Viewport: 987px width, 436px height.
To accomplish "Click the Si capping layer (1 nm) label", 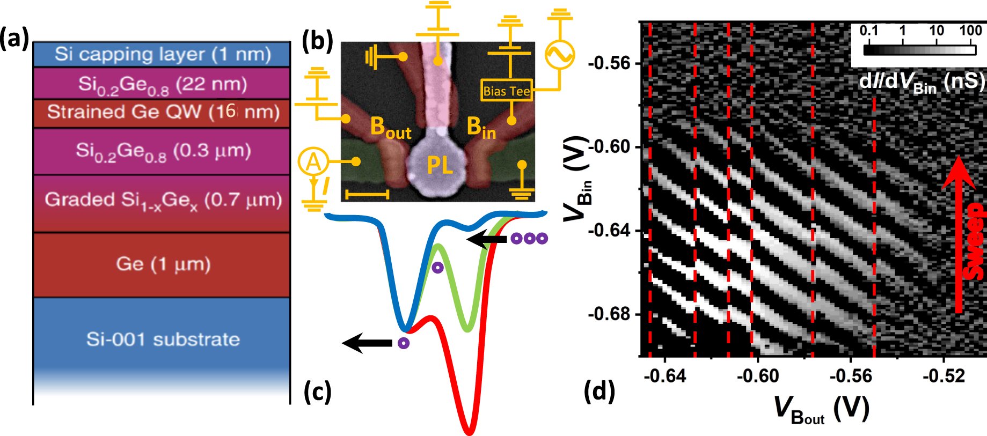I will pos(163,54).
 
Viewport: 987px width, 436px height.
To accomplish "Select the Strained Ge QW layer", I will pos(163,112).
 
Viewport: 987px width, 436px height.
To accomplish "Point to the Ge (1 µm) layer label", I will pos(163,264).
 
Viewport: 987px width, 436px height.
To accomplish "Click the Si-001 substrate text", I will pos(163,339).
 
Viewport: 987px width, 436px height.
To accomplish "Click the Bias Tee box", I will pos(506,91).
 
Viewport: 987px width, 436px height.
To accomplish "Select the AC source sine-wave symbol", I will pos(559,54).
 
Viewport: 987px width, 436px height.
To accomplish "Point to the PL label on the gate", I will pos(440,165).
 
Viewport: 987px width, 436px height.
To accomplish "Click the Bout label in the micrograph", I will pos(390,128).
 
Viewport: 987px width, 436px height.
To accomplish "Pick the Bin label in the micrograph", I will pos(481,128).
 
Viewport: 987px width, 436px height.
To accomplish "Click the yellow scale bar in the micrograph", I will pos(367,193).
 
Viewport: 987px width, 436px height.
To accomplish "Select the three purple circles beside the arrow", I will pos(529,239).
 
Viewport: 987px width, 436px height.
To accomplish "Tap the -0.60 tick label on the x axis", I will pos(758,376).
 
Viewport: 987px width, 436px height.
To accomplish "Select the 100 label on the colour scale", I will pos(970,30).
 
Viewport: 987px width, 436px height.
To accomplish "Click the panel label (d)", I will pos(599,391).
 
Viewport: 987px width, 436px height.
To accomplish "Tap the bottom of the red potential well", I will pos(469,430).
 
